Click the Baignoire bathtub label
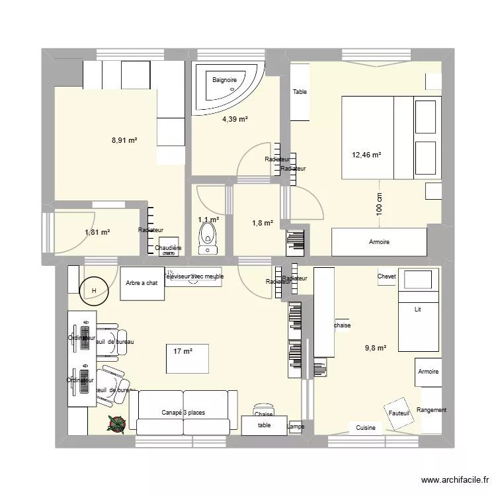point(224,81)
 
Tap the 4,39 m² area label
point(235,120)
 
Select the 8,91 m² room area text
point(124,140)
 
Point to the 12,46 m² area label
point(367,155)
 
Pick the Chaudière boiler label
point(169,249)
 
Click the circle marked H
point(93,290)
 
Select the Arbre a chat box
point(142,283)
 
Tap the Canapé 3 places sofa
point(183,413)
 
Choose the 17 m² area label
point(183,351)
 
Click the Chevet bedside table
point(386,276)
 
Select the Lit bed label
point(417,309)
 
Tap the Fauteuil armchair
point(399,413)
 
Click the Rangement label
point(432,410)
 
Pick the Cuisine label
point(366,428)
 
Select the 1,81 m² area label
point(97,232)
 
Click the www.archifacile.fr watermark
point(452,481)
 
